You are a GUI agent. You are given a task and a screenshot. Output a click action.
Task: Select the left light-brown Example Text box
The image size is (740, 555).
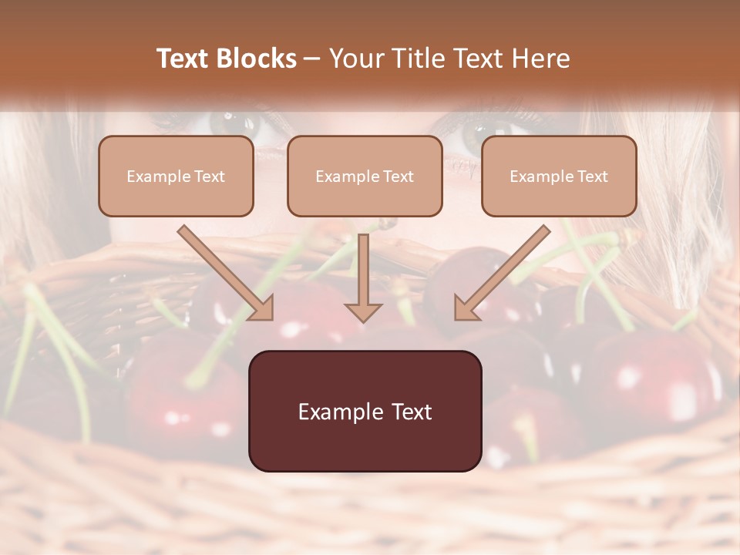pyautogui.click(x=176, y=176)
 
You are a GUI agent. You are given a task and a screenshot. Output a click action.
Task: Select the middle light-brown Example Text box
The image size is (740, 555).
pyautogui.click(x=365, y=176)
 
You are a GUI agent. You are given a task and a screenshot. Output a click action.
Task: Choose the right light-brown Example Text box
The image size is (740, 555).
pyautogui.click(x=559, y=176)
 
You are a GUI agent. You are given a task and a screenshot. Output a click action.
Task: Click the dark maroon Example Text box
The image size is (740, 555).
pyautogui.click(x=365, y=411)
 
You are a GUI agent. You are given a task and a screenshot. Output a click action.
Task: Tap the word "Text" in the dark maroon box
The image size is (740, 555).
pyautogui.click(x=412, y=412)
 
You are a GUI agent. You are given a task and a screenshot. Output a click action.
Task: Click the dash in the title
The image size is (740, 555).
pyautogui.click(x=312, y=59)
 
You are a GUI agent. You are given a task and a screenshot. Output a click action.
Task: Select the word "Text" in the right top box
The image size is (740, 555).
pyautogui.click(x=592, y=177)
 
